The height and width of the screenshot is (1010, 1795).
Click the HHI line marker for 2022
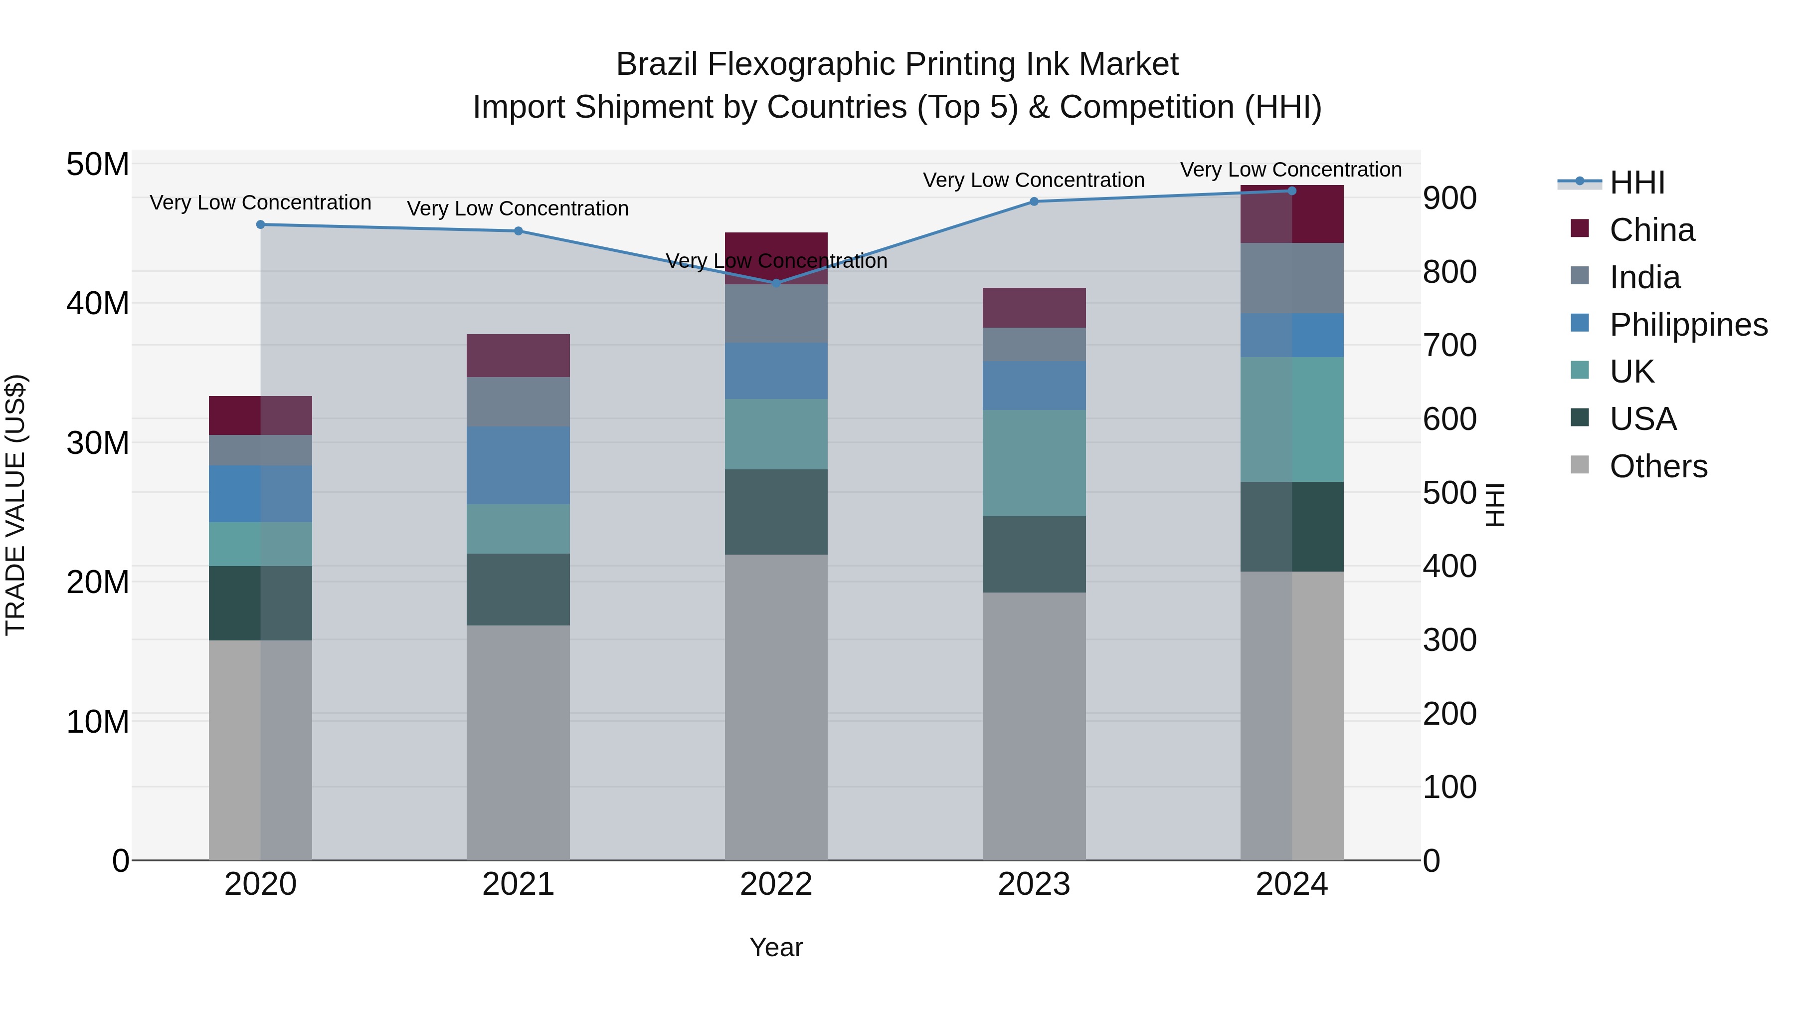[x=776, y=283]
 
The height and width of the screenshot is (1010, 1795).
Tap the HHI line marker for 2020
[x=261, y=224]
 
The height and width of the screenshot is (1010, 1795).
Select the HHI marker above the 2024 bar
[x=1292, y=191]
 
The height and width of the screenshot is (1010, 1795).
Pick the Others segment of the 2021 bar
[x=518, y=742]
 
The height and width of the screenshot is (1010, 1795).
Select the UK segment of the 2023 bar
[x=1034, y=463]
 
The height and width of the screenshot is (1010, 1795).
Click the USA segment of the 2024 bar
[x=1292, y=527]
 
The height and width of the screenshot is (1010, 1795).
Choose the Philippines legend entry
[x=1688, y=325]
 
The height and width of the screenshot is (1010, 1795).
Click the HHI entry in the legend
[x=1637, y=183]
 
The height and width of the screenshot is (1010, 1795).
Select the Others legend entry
[x=1658, y=466]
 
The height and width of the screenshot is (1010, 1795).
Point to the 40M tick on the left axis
[x=98, y=304]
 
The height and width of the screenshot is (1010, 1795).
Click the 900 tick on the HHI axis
[x=1449, y=199]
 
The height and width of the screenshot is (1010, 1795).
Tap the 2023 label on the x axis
[x=1034, y=884]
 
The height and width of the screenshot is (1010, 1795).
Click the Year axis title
[x=776, y=947]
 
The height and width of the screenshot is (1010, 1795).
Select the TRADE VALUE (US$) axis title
[x=15, y=505]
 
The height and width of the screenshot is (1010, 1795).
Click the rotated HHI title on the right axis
[x=1495, y=505]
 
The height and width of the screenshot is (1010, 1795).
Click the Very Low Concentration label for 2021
[x=518, y=208]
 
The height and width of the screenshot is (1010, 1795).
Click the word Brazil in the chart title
[x=656, y=65]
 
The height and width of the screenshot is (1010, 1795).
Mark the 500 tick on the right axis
[x=1449, y=493]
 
